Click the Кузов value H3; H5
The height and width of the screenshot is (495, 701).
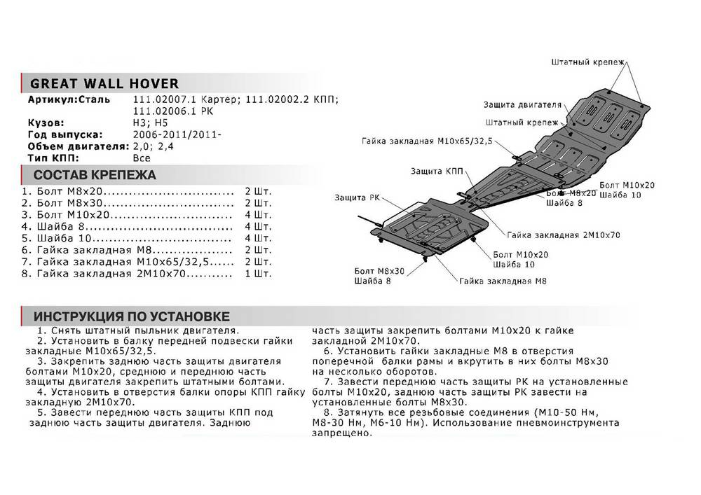tap(147, 123)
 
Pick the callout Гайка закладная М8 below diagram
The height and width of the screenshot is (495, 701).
tap(503, 281)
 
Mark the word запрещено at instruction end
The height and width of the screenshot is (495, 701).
tap(339, 433)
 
